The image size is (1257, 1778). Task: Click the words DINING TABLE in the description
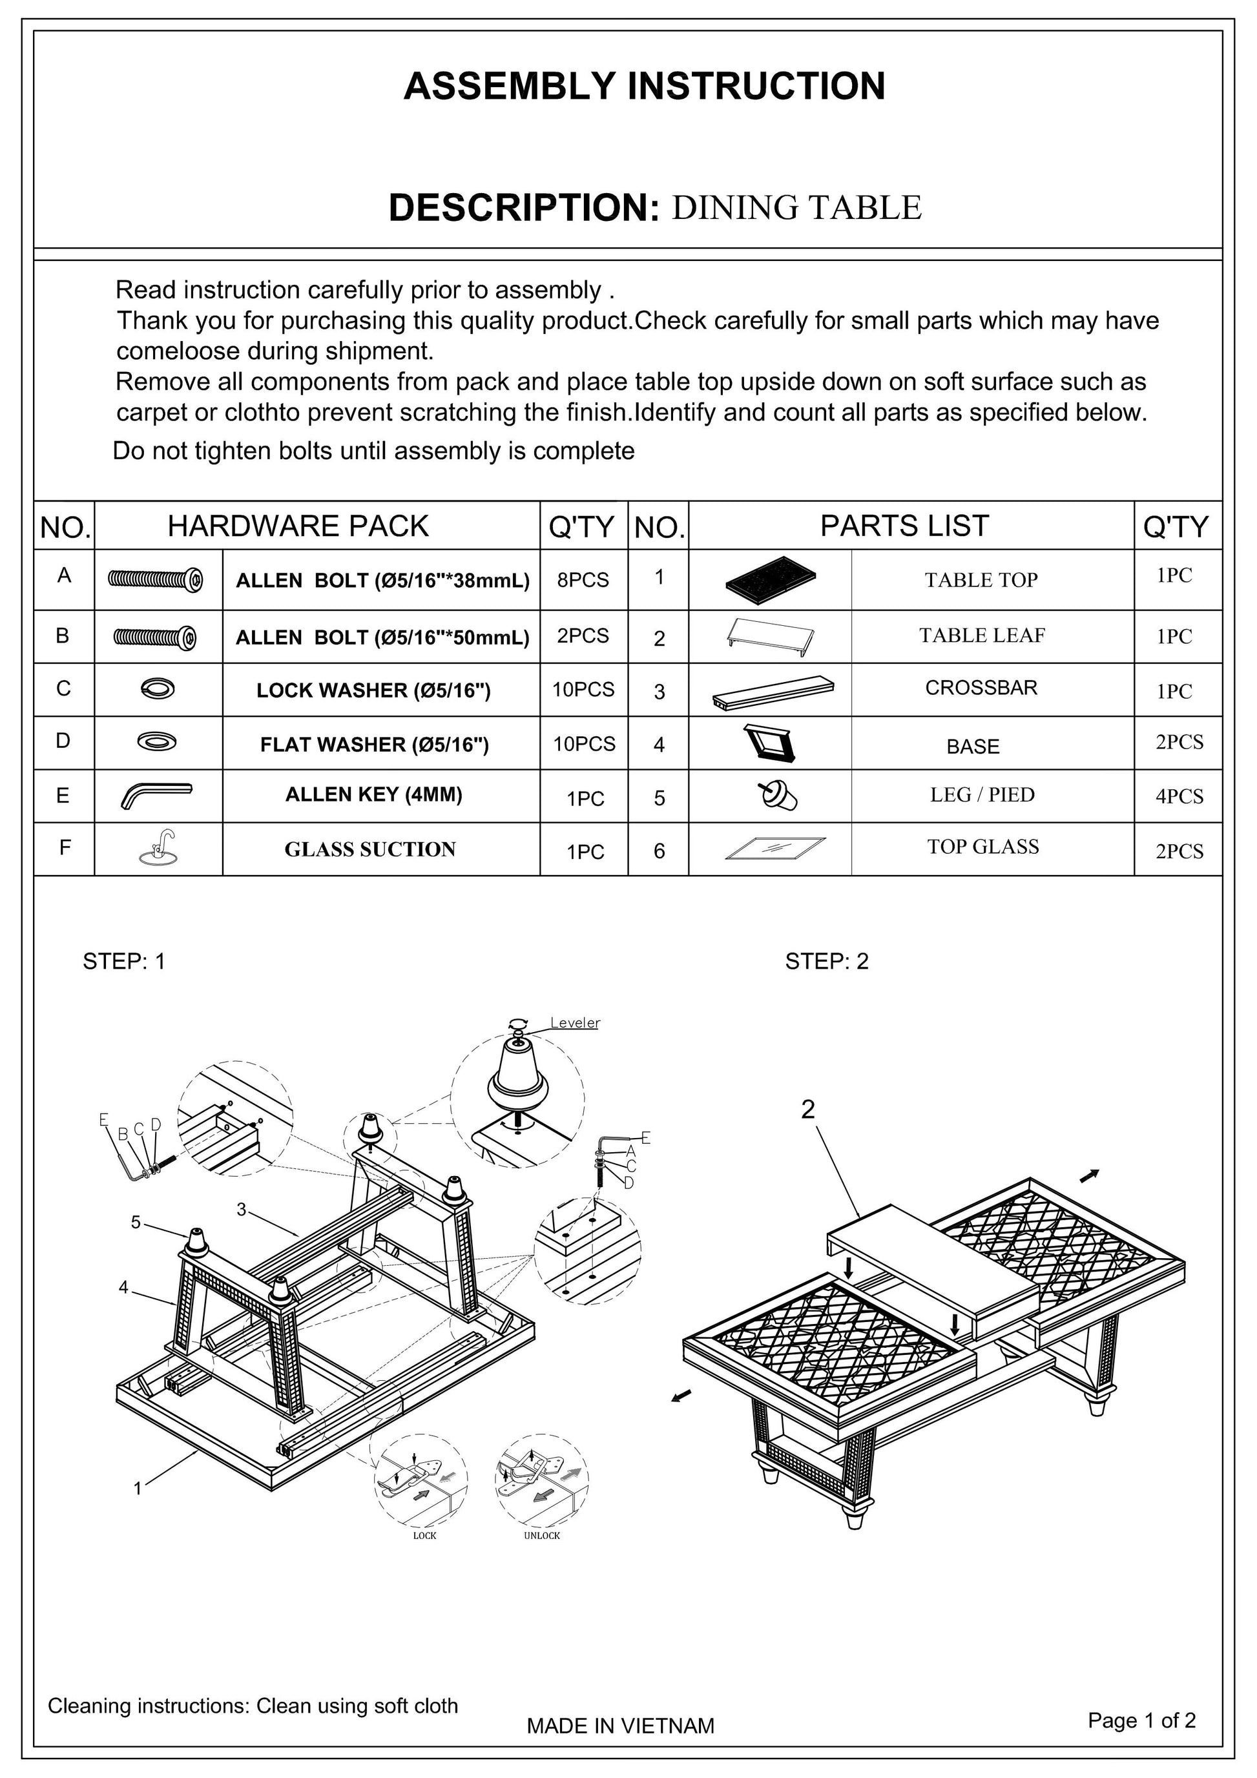(796, 207)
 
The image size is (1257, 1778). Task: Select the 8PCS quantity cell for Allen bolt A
(583, 580)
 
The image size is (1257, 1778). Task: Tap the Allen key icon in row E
(156, 794)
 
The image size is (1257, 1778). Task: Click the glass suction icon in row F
(159, 848)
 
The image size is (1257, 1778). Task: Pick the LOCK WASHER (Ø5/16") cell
(373, 690)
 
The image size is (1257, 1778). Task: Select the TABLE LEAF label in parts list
(981, 636)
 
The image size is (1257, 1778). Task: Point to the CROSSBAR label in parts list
(981, 688)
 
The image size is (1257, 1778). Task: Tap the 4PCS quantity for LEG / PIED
(1179, 796)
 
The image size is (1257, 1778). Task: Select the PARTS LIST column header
(904, 526)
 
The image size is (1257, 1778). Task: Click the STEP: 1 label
(124, 961)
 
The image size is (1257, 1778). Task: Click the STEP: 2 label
(826, 961)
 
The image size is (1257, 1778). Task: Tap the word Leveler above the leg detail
(575, 1023)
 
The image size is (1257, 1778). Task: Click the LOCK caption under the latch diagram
(424, 1536)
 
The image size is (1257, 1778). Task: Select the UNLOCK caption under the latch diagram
(541, 1536)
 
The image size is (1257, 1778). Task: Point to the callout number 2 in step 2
(808, 1110)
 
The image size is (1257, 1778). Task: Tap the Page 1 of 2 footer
(1141, 1720)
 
